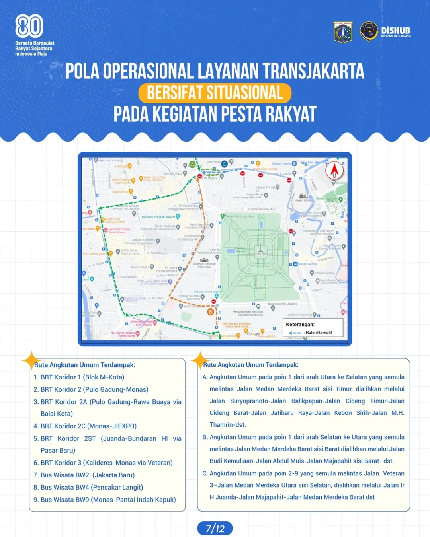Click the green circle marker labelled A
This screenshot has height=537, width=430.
(193, 164)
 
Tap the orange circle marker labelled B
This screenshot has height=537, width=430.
(210, 312)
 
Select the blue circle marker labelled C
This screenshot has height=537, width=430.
(225, 164)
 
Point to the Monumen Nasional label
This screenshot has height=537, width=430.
(261, 253)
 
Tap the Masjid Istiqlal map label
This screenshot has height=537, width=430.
(303, 200)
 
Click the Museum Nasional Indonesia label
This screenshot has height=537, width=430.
(204, 265)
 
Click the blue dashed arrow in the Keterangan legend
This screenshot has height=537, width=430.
(295, 333)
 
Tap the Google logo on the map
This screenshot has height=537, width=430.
(253, 334)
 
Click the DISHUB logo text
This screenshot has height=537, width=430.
(395, 31)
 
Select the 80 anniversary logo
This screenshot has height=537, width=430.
(29, 26)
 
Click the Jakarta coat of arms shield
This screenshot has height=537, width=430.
(343, 32)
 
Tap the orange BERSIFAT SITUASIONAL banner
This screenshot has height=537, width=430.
(215, 93)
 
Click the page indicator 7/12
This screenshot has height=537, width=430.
(215, 529)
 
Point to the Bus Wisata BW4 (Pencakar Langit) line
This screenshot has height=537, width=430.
(92, 487)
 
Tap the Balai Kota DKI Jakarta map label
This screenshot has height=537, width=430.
(282, 304)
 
